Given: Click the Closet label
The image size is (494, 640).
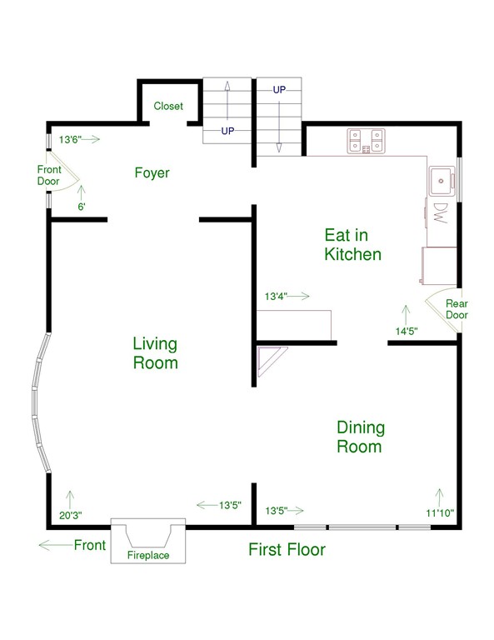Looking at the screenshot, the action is pos(168,106).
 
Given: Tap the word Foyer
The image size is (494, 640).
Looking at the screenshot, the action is pos(152,172).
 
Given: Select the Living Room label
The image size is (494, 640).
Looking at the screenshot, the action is pos(155,353).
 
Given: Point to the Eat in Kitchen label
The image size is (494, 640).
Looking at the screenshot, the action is pos(353,244).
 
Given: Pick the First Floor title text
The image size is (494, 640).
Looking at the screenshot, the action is pos(287,549).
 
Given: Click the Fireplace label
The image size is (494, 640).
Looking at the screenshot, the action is pos(148,555).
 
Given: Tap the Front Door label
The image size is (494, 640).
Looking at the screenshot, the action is pos(49,175).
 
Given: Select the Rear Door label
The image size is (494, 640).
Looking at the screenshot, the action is pos(457,309).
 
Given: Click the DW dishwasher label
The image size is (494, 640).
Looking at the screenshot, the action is pos(440,213).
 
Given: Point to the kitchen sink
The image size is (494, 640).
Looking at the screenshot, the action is pos(442,181).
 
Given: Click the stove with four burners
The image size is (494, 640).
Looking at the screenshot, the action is pos(366,141).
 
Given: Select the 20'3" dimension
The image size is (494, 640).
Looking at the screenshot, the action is pos(71,516).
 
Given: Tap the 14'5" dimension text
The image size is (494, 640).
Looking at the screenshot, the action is pos(407,331).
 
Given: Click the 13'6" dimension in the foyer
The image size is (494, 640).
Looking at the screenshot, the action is pos(70,140).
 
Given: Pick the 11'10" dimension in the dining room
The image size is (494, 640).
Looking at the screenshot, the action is pos(440,513).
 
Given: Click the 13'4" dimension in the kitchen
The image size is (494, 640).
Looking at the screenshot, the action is pos(277,297).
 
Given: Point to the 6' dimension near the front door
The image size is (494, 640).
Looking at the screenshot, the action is pos(82,207).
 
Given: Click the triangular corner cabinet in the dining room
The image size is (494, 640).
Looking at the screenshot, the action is pos(268,358).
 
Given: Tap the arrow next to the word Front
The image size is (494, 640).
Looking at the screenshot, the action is pos(56,545).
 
